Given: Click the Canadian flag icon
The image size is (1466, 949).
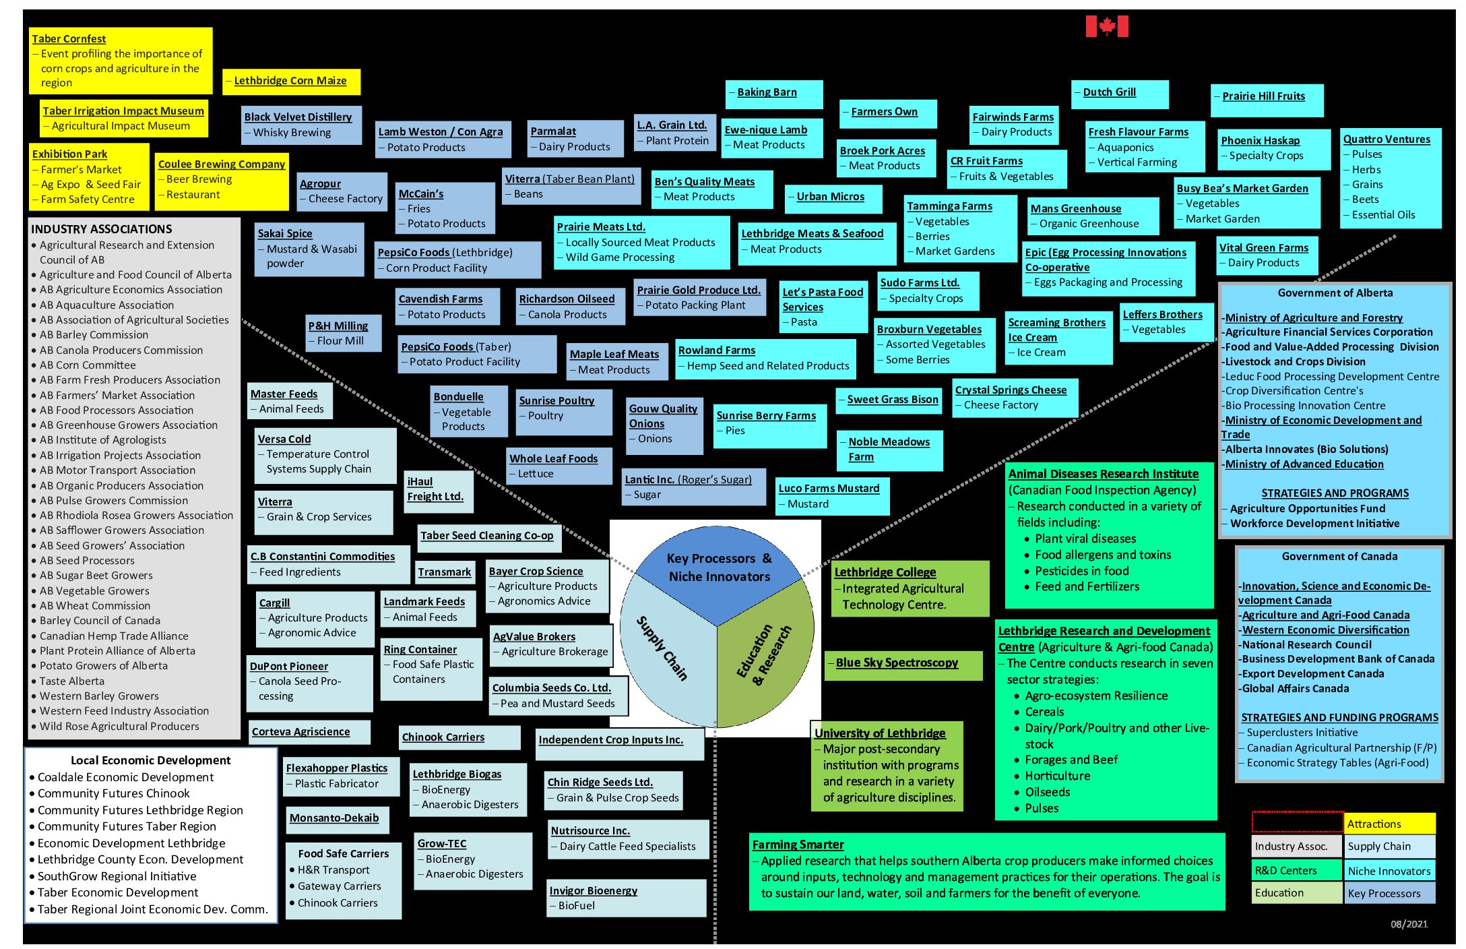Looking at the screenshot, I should pos(1106,26).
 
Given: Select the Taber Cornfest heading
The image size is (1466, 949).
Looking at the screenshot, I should pos(69,39).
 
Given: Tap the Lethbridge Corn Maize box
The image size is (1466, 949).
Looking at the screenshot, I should pos(291,81).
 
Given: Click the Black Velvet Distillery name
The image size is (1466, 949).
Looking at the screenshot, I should pos(298,117).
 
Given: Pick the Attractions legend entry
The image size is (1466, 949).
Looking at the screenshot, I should pos(1389,824).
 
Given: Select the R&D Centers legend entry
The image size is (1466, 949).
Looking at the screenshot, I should pos(1285,870).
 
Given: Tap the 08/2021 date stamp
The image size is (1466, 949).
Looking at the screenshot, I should pos(1409,924).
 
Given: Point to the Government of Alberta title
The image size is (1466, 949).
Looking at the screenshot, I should pos(1335,293).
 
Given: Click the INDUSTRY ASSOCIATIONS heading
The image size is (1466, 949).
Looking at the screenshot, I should pos(102,229).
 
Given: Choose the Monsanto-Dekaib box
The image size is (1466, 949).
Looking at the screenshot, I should pos(334,818).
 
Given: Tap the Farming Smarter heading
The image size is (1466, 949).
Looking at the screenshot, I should pos(798,845).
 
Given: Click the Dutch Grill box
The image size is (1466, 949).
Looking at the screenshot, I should pos(1109,92).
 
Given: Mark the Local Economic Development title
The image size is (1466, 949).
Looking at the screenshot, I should pos(150,760).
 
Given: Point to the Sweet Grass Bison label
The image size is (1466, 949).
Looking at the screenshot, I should pos(892,400).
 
